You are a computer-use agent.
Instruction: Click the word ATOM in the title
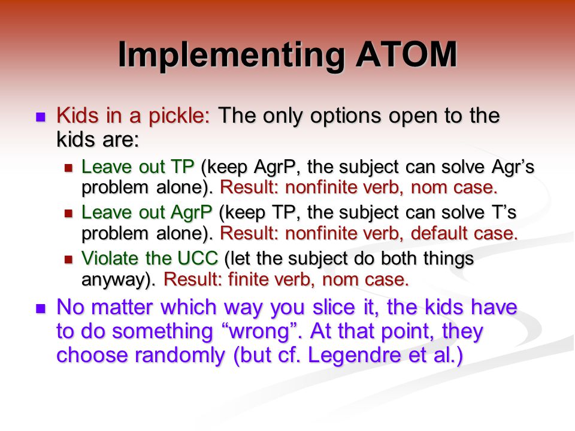click(406, 54)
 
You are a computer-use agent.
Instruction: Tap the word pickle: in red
click(179, 117)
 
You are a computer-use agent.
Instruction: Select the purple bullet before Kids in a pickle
click(40, 117)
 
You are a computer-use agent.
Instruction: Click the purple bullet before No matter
click(40, 308)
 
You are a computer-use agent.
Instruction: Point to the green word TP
click(182, 167)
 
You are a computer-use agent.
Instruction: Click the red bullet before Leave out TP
click(68, 168)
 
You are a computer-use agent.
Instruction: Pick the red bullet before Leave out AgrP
click(68, 214)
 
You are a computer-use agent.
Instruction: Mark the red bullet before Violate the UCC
click(68, 259)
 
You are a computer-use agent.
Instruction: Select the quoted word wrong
click(259, 332)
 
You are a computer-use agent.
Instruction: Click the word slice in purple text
click(334, 306)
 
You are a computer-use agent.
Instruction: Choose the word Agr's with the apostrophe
click(513, 168)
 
